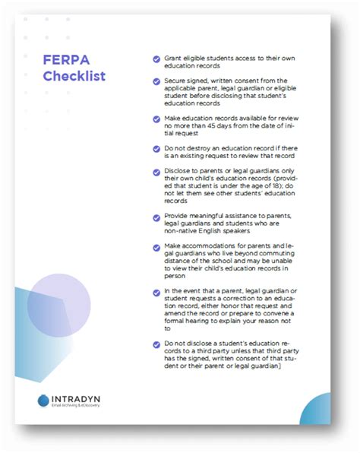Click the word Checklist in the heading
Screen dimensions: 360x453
click(x=74, y=76)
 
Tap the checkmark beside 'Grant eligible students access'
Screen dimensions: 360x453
click(x=156, y=59)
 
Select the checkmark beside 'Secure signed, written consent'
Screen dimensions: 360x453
click(x=156, y=80)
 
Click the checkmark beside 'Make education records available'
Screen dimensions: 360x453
click(x=156, y=120)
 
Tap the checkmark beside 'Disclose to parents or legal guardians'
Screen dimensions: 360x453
click(x=156, y=171)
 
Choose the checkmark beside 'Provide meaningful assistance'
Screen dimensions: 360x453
click(x=156, y=218)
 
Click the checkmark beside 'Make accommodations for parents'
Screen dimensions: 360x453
click(x=156, y=248)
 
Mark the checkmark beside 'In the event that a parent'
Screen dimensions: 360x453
click(x=156, y=293)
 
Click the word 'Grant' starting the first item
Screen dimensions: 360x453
click(x=173, y=59)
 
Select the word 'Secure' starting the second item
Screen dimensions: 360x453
click(x=176, y=80)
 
